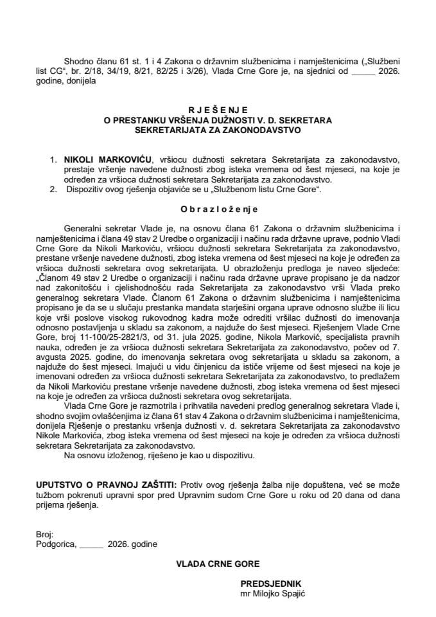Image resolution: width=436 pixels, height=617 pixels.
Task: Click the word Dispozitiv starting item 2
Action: tap(84, 190)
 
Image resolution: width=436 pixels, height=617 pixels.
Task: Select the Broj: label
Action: tap(46, 533)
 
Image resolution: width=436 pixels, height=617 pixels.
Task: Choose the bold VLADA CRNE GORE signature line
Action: tap(218, 564)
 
